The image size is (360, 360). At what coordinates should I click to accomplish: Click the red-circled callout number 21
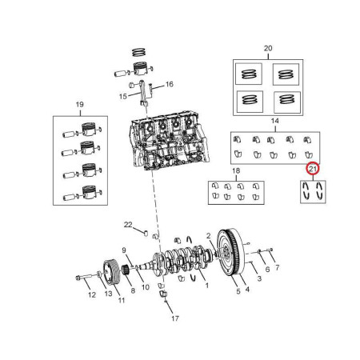[313, 169]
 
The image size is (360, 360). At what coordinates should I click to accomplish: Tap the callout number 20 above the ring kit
[268, 48]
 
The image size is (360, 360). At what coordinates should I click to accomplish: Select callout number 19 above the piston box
[80, 105]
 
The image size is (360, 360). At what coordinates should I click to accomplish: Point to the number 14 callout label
[275, 121]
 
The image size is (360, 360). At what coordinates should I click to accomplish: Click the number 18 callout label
[236, 170]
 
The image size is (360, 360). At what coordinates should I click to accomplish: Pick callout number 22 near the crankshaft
[128, 225]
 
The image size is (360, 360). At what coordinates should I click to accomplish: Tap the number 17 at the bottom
[175, 318]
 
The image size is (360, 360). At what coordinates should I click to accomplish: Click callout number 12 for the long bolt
[92, 295]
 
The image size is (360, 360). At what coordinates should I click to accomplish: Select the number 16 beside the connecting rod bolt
[170, 84]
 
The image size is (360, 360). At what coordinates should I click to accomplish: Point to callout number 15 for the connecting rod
[123, 96]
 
